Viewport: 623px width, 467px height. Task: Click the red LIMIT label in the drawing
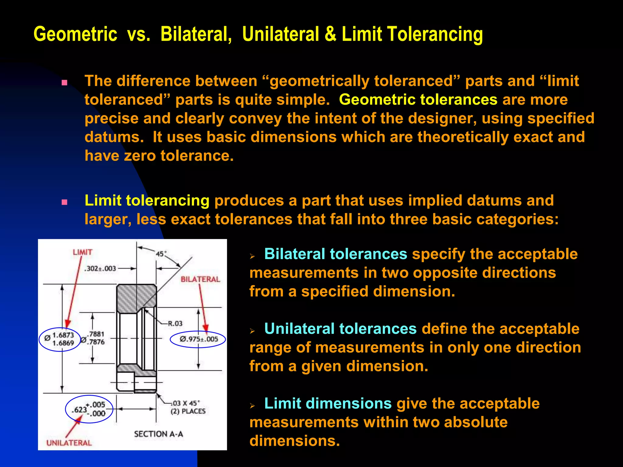82,252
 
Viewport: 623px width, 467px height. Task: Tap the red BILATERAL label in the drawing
200,279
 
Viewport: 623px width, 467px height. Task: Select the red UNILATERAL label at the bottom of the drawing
69,443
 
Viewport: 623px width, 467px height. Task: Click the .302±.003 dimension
100,269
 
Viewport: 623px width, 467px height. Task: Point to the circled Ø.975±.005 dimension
198,339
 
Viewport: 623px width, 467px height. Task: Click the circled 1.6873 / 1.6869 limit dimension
60,339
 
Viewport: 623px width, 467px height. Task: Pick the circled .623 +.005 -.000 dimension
89,409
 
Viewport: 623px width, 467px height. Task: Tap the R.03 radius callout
175,323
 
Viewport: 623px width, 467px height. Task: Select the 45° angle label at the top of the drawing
161,254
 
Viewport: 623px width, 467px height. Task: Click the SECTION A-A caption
158,434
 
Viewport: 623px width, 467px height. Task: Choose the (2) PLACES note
188,412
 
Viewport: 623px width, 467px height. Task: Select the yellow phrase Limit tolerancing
147,201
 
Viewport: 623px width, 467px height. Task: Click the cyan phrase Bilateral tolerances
336,254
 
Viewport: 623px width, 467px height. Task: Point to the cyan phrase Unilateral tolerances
340,329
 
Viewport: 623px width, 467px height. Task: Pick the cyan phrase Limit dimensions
328,403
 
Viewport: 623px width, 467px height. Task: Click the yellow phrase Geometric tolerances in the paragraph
418,100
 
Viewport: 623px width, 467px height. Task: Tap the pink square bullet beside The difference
64,83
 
